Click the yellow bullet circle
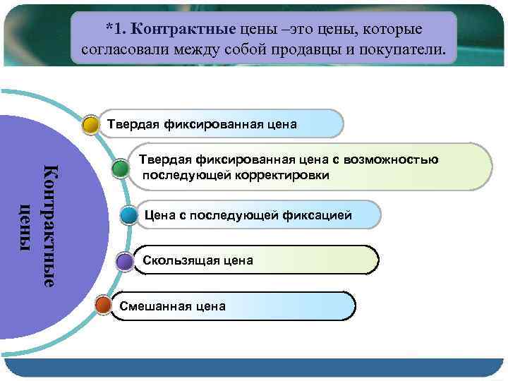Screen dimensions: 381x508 pyautogui.click(x=90, y=125)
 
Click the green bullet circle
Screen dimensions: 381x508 pyautogui.click(x=120, y=168)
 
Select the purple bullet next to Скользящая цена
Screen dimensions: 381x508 pyautogui.click(x=125, y=262)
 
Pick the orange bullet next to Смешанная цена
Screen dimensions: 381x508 pyautogui.click(x=103, y=306)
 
